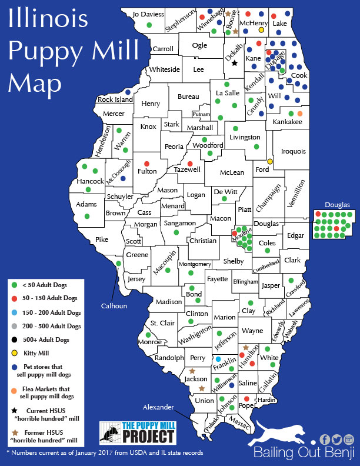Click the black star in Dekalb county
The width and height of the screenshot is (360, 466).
coord(234,63)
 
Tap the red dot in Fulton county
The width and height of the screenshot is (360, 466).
coord(146,163)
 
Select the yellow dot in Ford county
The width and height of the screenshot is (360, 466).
coord(270,161)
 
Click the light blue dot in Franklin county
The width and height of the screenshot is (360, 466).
coord(218,358)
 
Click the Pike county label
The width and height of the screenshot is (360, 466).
coord(102,239)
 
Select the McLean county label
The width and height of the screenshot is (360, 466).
coord(232,172)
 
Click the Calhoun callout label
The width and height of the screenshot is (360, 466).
coord(114,289)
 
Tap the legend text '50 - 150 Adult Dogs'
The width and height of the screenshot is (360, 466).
coord(49,299)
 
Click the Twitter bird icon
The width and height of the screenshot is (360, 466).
coord(337,440)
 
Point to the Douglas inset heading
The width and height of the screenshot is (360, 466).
coord(338,205)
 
